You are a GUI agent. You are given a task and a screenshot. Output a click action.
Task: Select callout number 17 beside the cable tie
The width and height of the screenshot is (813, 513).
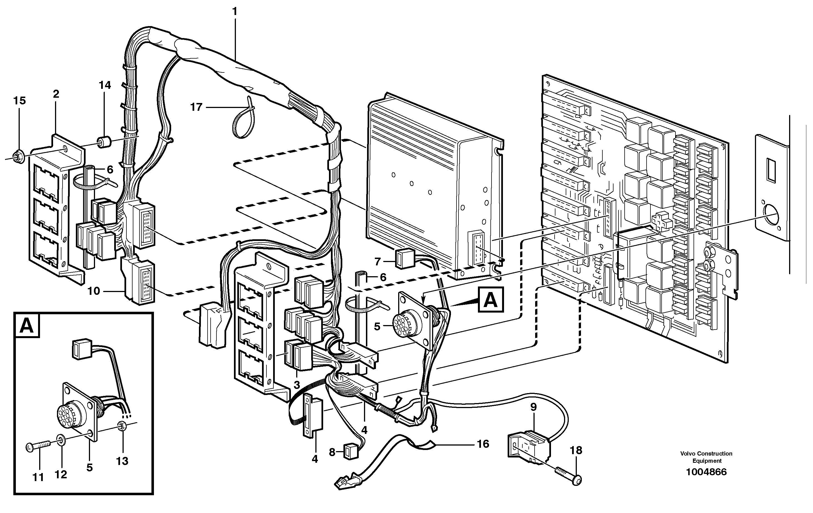point(196,107)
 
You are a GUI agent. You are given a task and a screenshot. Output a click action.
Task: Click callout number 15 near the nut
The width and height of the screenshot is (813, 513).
point(19,100)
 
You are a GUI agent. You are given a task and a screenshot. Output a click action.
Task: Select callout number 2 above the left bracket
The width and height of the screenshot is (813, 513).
point(56,94)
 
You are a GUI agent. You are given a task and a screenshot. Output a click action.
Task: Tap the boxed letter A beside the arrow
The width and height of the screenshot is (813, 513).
point(490,300)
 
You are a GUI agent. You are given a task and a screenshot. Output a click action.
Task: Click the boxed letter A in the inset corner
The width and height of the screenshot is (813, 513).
point(27,326)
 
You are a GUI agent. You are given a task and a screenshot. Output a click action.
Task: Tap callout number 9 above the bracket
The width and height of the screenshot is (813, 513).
point(533,407)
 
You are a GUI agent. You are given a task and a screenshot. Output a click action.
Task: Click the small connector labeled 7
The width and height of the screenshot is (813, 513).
point(405,259)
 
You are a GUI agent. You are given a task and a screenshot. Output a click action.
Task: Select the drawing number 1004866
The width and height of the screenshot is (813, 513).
point(706,472)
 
